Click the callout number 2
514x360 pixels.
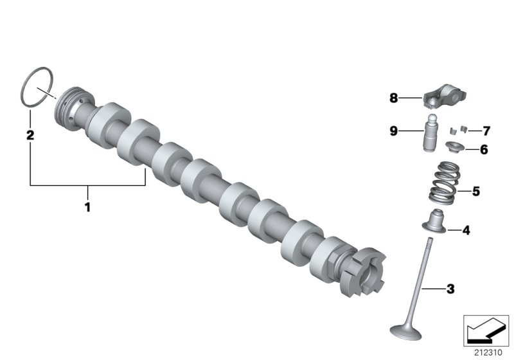(30, 135)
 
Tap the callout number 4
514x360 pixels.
(466, 230)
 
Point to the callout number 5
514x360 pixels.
(475, 191)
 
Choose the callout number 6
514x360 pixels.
(484, 149)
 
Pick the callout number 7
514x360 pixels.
(486, 131)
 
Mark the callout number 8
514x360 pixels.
(394, 98)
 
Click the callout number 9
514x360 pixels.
(394, 131)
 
